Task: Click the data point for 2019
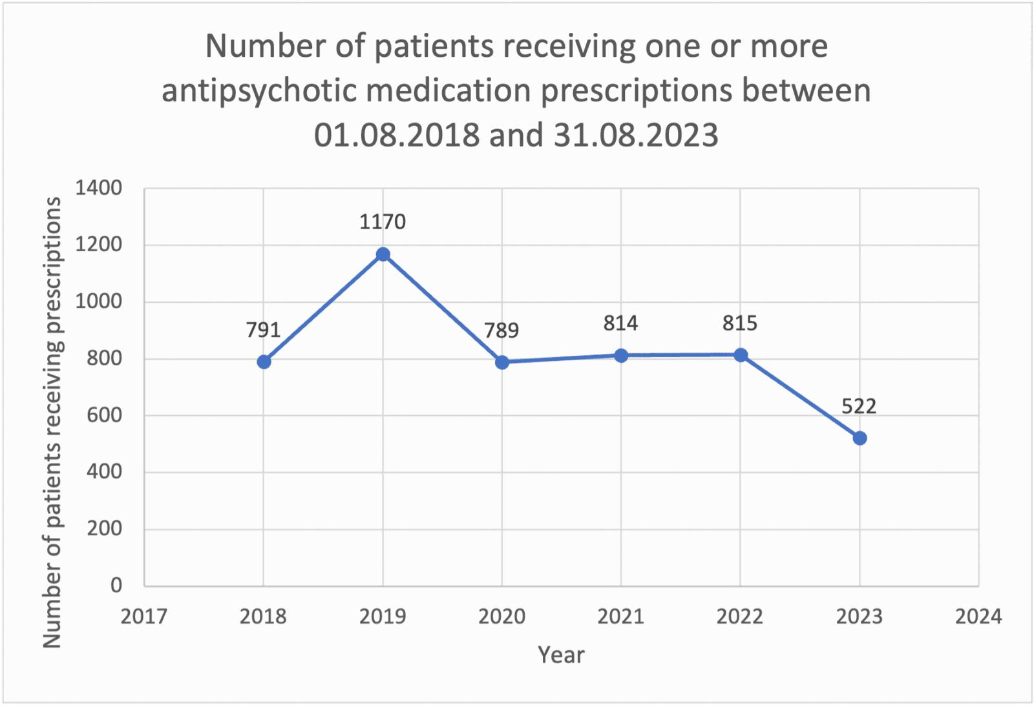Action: click(x=383, y=254)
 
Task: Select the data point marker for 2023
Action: click(x=860, y=438)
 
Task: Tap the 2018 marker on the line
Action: click(x=264, y=362)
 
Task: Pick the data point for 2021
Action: click(x=621, y=356)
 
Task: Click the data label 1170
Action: click(x=383, y=222)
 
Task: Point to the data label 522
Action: click(x=859, y=407)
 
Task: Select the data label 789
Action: click(x=501, y=331)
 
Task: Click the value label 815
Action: click(x=740, y=323)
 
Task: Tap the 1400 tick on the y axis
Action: click(x=98, y=189)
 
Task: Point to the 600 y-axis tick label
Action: click(x=104, y=415)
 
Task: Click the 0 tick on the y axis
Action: click(x=116, y=585)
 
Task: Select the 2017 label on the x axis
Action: click(x=143, y=617)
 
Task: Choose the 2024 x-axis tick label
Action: click(x=978, y=617)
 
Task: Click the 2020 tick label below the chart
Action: click(x=501, y=617)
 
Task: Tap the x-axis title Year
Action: click(x=561, y=655)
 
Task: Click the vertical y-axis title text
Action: click(x=52, y=423)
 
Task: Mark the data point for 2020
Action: click(x=502, y=362)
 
